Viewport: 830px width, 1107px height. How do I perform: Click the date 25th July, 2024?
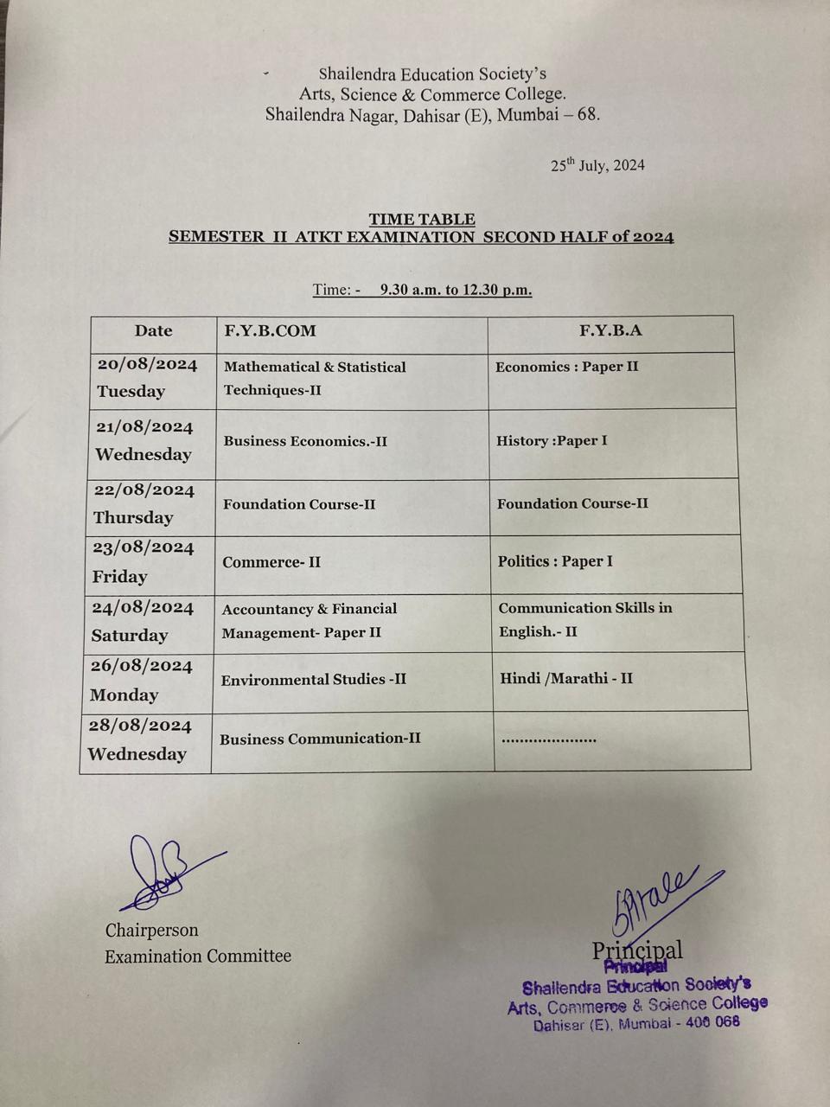(597, 165)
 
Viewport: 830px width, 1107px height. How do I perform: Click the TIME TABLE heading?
(422, 219)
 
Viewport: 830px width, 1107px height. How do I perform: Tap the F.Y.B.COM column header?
(270, 330)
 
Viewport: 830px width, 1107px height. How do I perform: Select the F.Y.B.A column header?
(610, 330)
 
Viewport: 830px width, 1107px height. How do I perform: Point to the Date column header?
(153, 330)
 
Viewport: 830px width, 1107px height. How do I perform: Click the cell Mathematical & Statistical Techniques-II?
(315, 378)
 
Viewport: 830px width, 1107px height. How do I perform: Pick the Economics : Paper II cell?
(566, 367)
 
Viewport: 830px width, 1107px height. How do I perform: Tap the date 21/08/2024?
(144, 426)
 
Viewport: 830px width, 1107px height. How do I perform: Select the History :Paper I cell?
(552, 440)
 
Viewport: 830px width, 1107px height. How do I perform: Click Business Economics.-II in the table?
(305, 441)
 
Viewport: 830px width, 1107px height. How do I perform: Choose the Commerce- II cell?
(271, 562)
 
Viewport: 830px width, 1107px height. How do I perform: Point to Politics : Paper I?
(555, 561)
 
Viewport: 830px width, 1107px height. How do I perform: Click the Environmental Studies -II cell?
(313, 680)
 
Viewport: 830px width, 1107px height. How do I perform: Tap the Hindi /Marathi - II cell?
(566, 678)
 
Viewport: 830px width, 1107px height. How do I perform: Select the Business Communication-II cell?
(320, 739)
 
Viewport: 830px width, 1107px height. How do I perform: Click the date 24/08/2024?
(143, 608)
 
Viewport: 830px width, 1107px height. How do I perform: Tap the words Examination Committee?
(198, 956)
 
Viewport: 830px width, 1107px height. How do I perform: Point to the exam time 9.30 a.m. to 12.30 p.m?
(455, 290)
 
